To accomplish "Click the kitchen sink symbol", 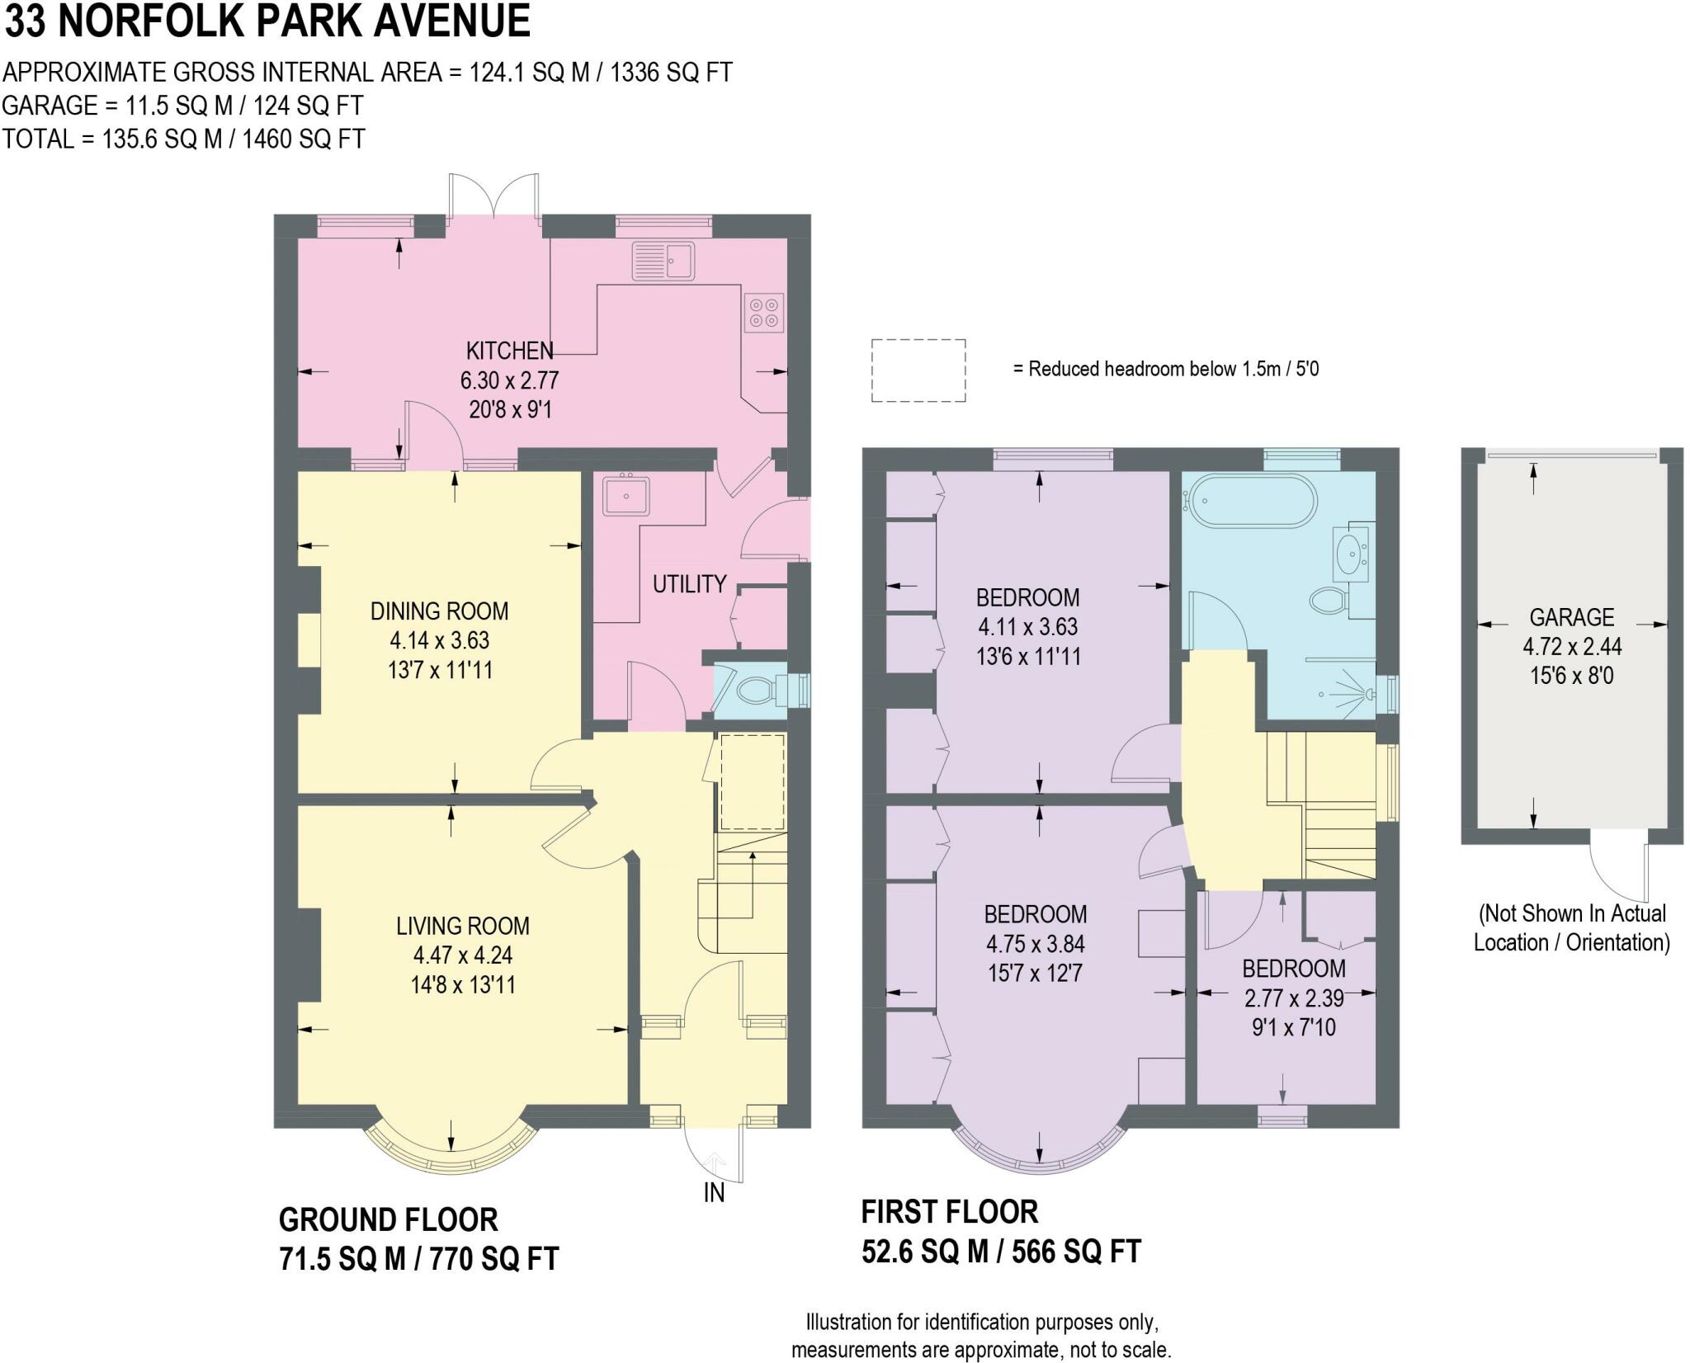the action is pyautogui.click(x=663, y=261).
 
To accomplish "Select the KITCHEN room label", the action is pyautogui.click(x=509, y=351).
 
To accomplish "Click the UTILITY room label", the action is pyautogui.click(x=689, y=584).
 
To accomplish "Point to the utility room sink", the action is pyautogui.click(x=626, y=495).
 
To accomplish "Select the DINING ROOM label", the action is pyautogui.click(x=439, y=611).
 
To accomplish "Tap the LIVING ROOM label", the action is pyautogui.click(x=463, y=926).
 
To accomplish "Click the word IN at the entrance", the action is pyautogui.click(x=714, y=1192).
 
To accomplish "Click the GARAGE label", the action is pyautogui.click(x=1572, y=617).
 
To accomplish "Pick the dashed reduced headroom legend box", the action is pyautogui.click(x=918, y=370).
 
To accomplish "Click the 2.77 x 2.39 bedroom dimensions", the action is pyautogui.click(x=1294, y=998).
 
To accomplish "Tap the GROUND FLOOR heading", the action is pyautogui.click(x=388, y=1219).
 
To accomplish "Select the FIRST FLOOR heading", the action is pyautogui.click(x=949, y=1211).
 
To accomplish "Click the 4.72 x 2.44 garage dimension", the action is pyautogui.click(x=1572, y=647).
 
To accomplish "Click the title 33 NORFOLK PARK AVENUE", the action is pyautogui.click(x=267, y=21).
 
